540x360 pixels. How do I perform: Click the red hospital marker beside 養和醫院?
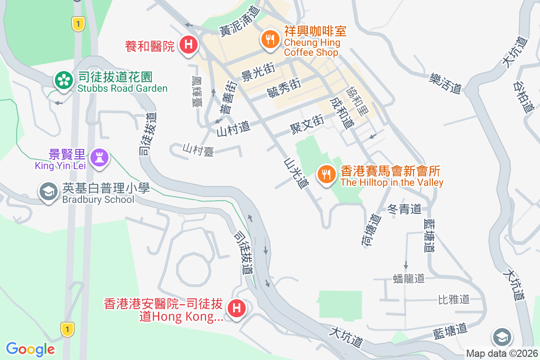click(x=189, y=45)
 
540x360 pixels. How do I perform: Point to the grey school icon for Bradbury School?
click(x=48, y=192)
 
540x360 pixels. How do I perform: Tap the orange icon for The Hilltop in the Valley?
click(x=326, y=174)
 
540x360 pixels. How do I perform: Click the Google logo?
click(x=31, y=349)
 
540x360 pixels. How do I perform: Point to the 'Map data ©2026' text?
click(x=502, y=354)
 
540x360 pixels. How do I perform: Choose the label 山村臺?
click(x=198, y=149)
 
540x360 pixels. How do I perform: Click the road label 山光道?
click(x=297, y=173)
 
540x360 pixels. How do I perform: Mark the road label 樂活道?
click(x=445, y=83)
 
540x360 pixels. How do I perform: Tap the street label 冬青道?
click(x=404, y=209)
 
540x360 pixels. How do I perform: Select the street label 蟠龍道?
click(x=409, y=278)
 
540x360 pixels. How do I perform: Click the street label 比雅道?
click(x=454, y=299)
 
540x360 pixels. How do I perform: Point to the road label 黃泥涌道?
click(x=240, y=21)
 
